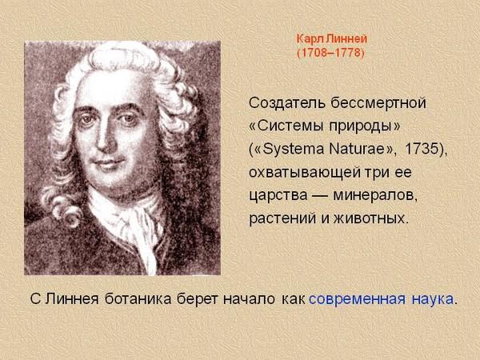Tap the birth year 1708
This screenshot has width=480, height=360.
point(313,53)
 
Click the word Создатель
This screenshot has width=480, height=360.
point(287,103)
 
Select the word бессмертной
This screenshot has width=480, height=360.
point(378,103)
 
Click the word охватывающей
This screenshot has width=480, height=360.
point(305,173)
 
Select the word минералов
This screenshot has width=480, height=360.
point(375,196)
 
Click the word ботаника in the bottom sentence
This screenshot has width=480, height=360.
point(138,298)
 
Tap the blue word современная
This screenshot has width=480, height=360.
point(358,299)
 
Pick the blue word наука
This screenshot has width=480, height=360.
point(433,299)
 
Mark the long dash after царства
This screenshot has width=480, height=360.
point(320,196)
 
